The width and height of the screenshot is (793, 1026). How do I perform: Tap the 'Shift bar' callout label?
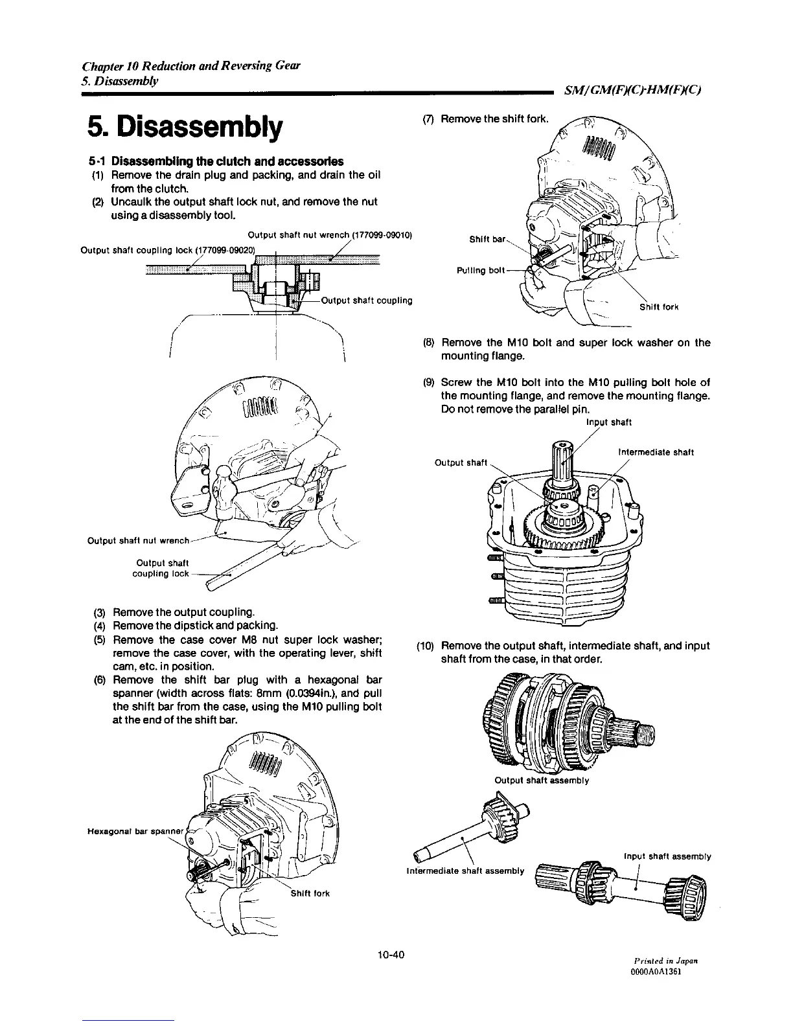(487, 239)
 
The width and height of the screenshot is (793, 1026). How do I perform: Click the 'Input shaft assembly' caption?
(667, 856)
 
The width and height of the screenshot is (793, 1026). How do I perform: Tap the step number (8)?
(428, 343)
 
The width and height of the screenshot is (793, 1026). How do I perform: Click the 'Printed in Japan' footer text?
(670, 962)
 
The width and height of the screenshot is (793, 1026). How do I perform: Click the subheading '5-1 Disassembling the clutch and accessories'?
(216, 161)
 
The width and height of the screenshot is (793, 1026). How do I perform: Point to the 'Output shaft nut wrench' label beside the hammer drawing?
(137, 540)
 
